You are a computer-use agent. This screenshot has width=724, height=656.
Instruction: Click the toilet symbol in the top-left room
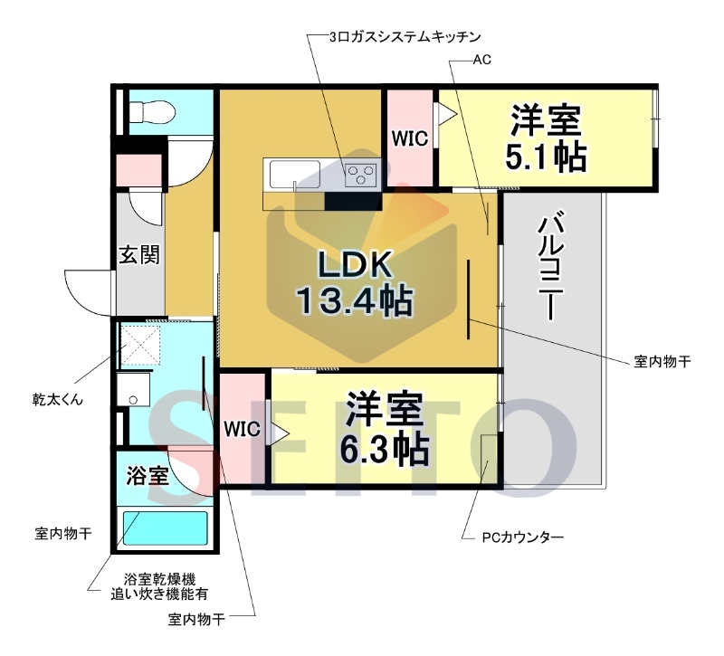pos(152,112)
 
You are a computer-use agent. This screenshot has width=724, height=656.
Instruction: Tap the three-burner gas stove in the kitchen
pos(360,175)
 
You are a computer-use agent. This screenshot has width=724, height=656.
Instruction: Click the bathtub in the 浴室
pos(165,528)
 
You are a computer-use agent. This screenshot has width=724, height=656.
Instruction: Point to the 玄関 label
pos(139,254)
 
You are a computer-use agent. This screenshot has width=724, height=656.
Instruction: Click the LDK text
pos(355,265)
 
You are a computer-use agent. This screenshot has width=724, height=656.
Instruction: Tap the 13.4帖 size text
pos(354,301)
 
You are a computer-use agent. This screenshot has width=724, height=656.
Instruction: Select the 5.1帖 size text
pos(546,157)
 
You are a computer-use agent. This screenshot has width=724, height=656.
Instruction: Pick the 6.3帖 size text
pos(385,449)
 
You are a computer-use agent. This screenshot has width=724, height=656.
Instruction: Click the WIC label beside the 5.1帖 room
pos(410,138)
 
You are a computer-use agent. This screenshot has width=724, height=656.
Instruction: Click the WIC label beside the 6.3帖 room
pos(242,429)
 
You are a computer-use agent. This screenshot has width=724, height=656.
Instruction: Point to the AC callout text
pos(481,60)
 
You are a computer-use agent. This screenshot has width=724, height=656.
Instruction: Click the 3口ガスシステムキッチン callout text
pos(405,37)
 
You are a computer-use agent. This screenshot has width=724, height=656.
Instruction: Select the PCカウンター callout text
pos(523,537)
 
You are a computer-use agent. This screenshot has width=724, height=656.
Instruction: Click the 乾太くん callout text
pos(58,399)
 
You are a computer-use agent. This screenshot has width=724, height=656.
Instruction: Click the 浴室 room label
pos(148,476)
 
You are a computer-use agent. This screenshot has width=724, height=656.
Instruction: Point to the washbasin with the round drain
pos(133,389)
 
